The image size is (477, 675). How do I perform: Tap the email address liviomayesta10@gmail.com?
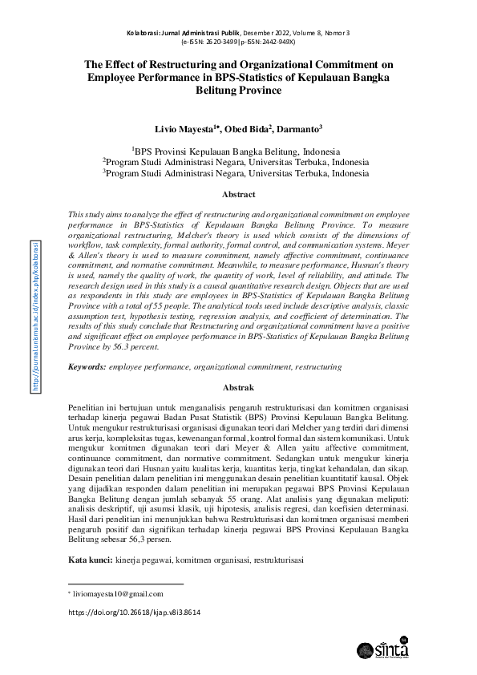(x=118, y=594)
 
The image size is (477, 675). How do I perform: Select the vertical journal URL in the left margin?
(x=34, y=316)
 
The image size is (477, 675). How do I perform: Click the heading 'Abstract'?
(x=238, y=195)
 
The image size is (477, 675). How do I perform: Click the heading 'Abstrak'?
(x=238, y=387)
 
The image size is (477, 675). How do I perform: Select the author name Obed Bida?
(x=247, y=128)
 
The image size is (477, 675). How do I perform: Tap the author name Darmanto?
(x=298, y=128)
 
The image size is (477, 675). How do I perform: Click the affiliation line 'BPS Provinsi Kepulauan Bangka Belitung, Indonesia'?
(x=238, y=150)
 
